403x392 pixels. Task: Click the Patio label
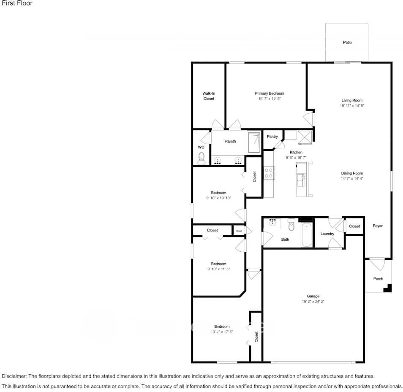point(347,42)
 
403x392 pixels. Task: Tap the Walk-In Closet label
point(209,96)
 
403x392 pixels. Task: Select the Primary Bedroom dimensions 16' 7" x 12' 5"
point(269,98)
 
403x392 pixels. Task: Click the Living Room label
point(352,101)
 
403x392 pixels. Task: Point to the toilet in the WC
point(201,158)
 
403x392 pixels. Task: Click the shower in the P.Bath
point(254,142)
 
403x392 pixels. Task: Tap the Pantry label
point(272,136)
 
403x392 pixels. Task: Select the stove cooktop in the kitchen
point(268,173)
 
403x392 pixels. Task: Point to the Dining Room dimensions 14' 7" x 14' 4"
point(352,179)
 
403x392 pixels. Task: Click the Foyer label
point(378,226)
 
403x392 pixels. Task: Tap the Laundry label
point(327,234)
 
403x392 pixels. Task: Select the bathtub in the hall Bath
point(307,236)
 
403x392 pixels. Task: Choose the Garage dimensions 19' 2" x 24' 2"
point(313,302)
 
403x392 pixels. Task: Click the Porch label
point(378,279)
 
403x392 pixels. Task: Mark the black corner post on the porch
point(388,289)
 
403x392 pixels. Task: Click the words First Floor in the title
point(17,3)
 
